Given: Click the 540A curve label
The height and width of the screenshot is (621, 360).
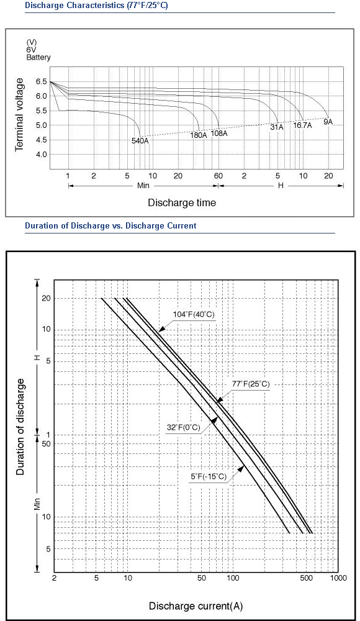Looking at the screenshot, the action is point(140,140).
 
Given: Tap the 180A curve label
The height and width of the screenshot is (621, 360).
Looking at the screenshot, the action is point(199,135).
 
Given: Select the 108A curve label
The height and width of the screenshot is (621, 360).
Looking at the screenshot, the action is point(219,133).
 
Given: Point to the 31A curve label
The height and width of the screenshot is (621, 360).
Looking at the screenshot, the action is point(277,127).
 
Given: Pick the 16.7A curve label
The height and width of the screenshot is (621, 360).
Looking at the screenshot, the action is point(302,125).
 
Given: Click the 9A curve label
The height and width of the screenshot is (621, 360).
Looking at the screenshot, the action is point(328,122).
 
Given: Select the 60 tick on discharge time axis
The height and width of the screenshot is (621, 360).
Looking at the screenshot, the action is point(218,176).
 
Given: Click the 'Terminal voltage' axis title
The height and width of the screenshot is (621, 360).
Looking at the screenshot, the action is point(19,115).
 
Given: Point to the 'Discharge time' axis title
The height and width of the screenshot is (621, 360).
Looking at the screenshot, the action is point(182,203).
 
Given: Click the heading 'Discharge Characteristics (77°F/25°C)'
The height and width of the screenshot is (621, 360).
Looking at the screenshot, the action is point(96,6).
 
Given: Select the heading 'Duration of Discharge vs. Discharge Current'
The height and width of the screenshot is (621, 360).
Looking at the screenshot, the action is point(110,226).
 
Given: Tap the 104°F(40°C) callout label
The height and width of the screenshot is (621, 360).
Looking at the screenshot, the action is point(194,314).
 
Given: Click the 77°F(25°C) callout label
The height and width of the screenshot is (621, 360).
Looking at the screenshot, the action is point(251,384).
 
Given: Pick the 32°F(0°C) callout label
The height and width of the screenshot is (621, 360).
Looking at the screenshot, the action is point(184,427).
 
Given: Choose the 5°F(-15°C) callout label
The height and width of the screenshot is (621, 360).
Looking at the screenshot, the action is point(209,476).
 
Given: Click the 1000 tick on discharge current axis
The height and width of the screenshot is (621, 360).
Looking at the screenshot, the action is point(338,578).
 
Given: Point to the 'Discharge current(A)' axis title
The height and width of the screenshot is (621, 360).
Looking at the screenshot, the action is point(196,606).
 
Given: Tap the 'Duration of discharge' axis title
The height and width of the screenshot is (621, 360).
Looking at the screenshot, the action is point(20,427).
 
